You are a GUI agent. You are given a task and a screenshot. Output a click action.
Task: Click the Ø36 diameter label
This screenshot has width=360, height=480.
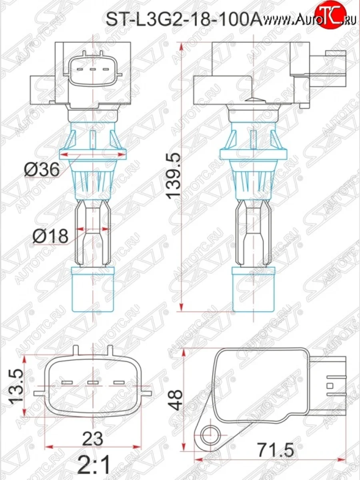point(42,170)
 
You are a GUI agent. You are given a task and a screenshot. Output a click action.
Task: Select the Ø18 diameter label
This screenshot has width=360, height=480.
point(50,236)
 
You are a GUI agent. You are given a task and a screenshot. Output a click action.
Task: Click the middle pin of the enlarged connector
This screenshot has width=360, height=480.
point(93,383)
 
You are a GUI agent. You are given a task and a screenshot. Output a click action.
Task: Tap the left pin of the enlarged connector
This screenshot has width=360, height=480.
point(66,383)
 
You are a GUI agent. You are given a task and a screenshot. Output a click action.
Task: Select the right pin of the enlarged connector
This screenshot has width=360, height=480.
point(120,383)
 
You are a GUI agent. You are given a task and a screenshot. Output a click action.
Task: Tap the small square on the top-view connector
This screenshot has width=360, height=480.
point(330,386)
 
